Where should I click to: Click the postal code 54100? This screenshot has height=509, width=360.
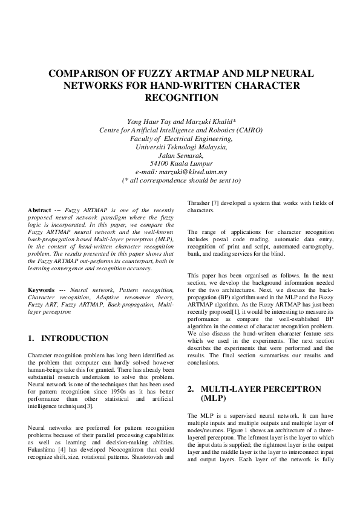(159, 163)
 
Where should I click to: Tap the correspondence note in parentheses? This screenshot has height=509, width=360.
(181, 180)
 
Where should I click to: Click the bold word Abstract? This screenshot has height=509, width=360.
(40, 210)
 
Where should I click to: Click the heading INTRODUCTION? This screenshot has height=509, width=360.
(74, 338)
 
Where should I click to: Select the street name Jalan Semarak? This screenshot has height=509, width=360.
(181, 155)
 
